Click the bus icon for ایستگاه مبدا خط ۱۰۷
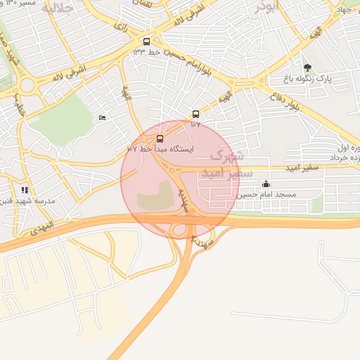coord(160,139)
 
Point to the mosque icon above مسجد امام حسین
coord(265,184)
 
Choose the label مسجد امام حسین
coord(266,194)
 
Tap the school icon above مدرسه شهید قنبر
coord(25,190)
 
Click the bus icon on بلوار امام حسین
coord(146,41)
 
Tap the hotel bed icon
coord(103,117)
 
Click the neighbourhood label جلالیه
coord(57,8)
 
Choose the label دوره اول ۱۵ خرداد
coord(345,153)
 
